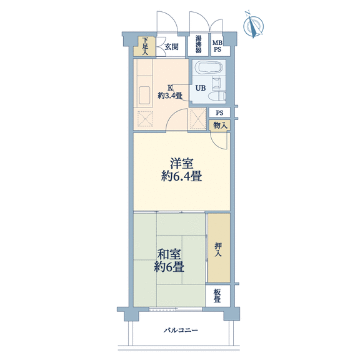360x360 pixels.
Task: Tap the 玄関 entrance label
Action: coord(171,47)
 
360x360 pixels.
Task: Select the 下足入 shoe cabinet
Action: coord(145,46)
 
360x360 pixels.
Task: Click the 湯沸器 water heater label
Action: coord(198,44)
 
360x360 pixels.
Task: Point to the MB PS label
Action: coord(217,46)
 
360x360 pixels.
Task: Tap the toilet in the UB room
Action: coord(218,96)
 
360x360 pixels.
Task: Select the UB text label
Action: coord(201,88)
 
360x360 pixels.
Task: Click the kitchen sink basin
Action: coord(144,95)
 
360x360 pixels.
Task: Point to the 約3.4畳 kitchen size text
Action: coord(170,95)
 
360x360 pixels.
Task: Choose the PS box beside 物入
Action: coord(219,112)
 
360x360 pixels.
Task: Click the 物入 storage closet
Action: coord(220,126)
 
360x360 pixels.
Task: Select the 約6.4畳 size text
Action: coord(181,176)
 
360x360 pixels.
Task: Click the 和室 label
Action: coord(169,254)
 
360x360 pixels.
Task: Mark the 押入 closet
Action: coord(219,247)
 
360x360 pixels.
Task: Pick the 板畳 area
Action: coord(217,296)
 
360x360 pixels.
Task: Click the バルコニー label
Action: coord(181,331)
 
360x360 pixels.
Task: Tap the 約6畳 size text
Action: coord(169,267)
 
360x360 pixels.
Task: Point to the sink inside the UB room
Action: coord(217,82)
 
